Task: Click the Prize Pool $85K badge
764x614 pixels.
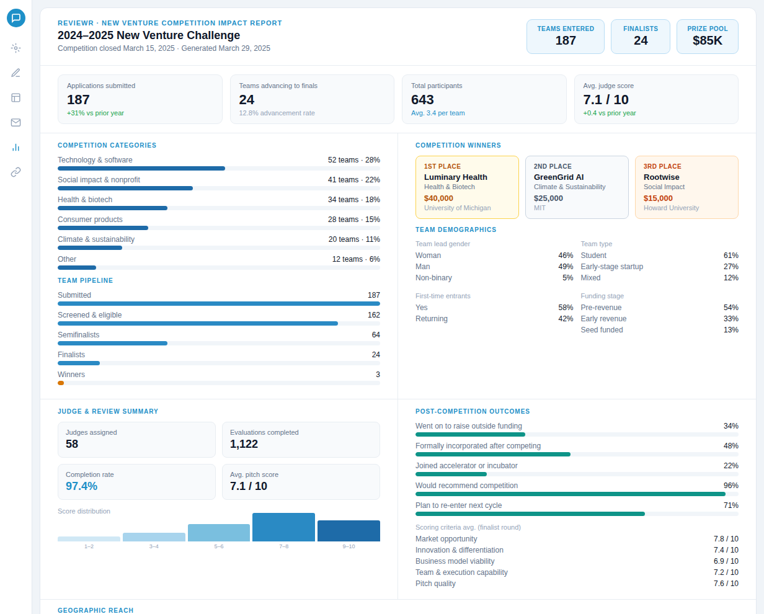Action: tap(708, 37)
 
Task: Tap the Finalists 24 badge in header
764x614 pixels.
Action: tap(641, 37)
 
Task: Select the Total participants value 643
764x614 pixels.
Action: tap(422, 100)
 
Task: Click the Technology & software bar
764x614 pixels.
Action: tap(141, 168)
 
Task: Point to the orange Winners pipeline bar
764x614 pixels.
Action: tap(61, 383)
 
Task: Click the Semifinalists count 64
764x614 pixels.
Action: tap(376, 335)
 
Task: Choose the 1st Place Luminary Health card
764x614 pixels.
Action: tap(467, 187)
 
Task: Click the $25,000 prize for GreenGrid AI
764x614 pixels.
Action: tap(548, 198)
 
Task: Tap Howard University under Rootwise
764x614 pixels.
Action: tap(671, 208)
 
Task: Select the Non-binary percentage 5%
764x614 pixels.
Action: tap(567, 278)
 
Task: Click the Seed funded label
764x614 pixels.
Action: tap(602, 330)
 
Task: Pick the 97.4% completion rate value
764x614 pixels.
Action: tap(82, 486)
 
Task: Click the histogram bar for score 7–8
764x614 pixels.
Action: tap(283, 527)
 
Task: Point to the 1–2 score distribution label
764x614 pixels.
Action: tap(89, 546)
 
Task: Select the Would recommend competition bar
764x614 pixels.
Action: tap(570, 494)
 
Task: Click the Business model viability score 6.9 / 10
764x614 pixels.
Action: tap(726, 561)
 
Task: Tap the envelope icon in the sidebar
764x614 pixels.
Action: tap(16, 122)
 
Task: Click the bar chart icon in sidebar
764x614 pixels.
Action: tap(16, 147)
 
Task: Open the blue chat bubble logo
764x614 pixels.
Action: tap(16, 18)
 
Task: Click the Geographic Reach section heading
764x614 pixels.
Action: tap(95, 610)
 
